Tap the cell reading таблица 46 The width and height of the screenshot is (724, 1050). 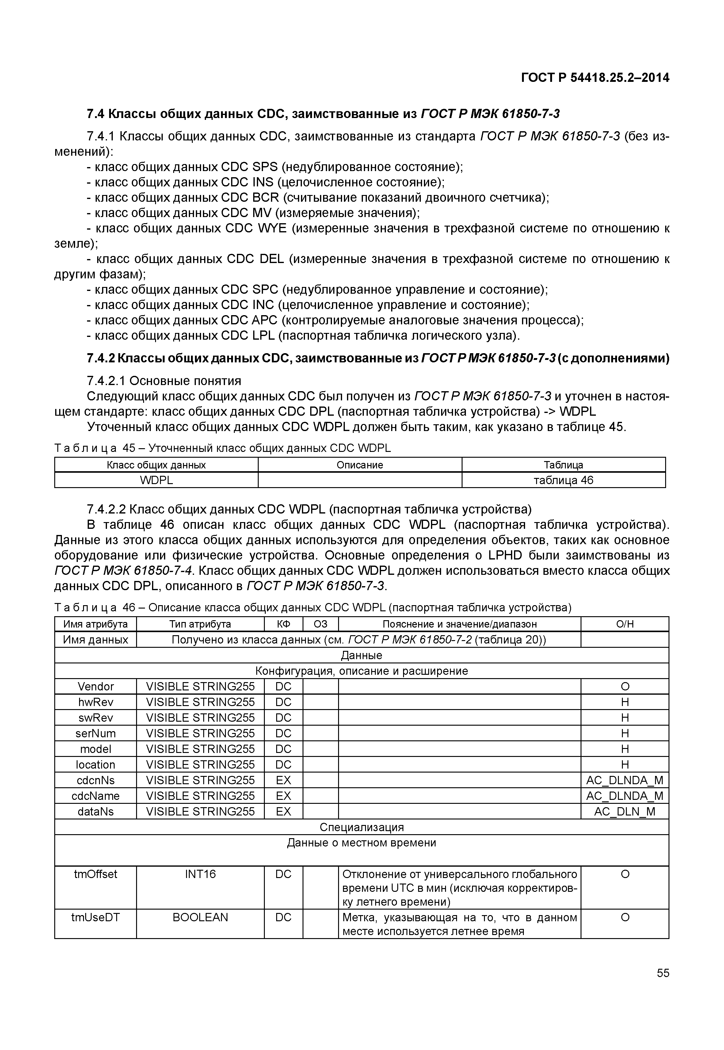click(x=563, y=480)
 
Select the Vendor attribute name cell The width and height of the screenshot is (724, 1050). click(x=96, y=686)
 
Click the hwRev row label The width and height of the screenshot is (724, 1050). click(x=96, y=702)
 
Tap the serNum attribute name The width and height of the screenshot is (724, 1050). click(x=96, y=733)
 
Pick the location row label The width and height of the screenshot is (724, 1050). click(x=96, y=765)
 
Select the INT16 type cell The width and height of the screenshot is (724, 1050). click(x=200, y=874)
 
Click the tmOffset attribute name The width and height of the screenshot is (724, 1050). click(x=96, y=874)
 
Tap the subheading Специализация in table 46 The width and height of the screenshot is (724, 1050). click(x=362, y=827)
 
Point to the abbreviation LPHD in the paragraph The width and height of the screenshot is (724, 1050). click(x=505, y=556)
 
